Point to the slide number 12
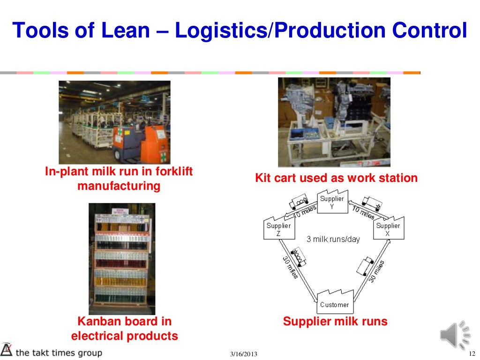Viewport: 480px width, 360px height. click(472, 353)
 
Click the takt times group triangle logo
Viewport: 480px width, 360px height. click(7, 350)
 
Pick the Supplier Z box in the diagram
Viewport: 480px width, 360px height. click(278, 229)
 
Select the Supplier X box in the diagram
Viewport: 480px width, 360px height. click(388, 229)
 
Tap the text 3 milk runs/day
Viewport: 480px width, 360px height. click(333, 239)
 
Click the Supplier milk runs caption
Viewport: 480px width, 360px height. click(335, 322)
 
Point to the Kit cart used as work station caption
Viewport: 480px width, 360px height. click(336, 178)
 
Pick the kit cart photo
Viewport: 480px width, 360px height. click(334, 122)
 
